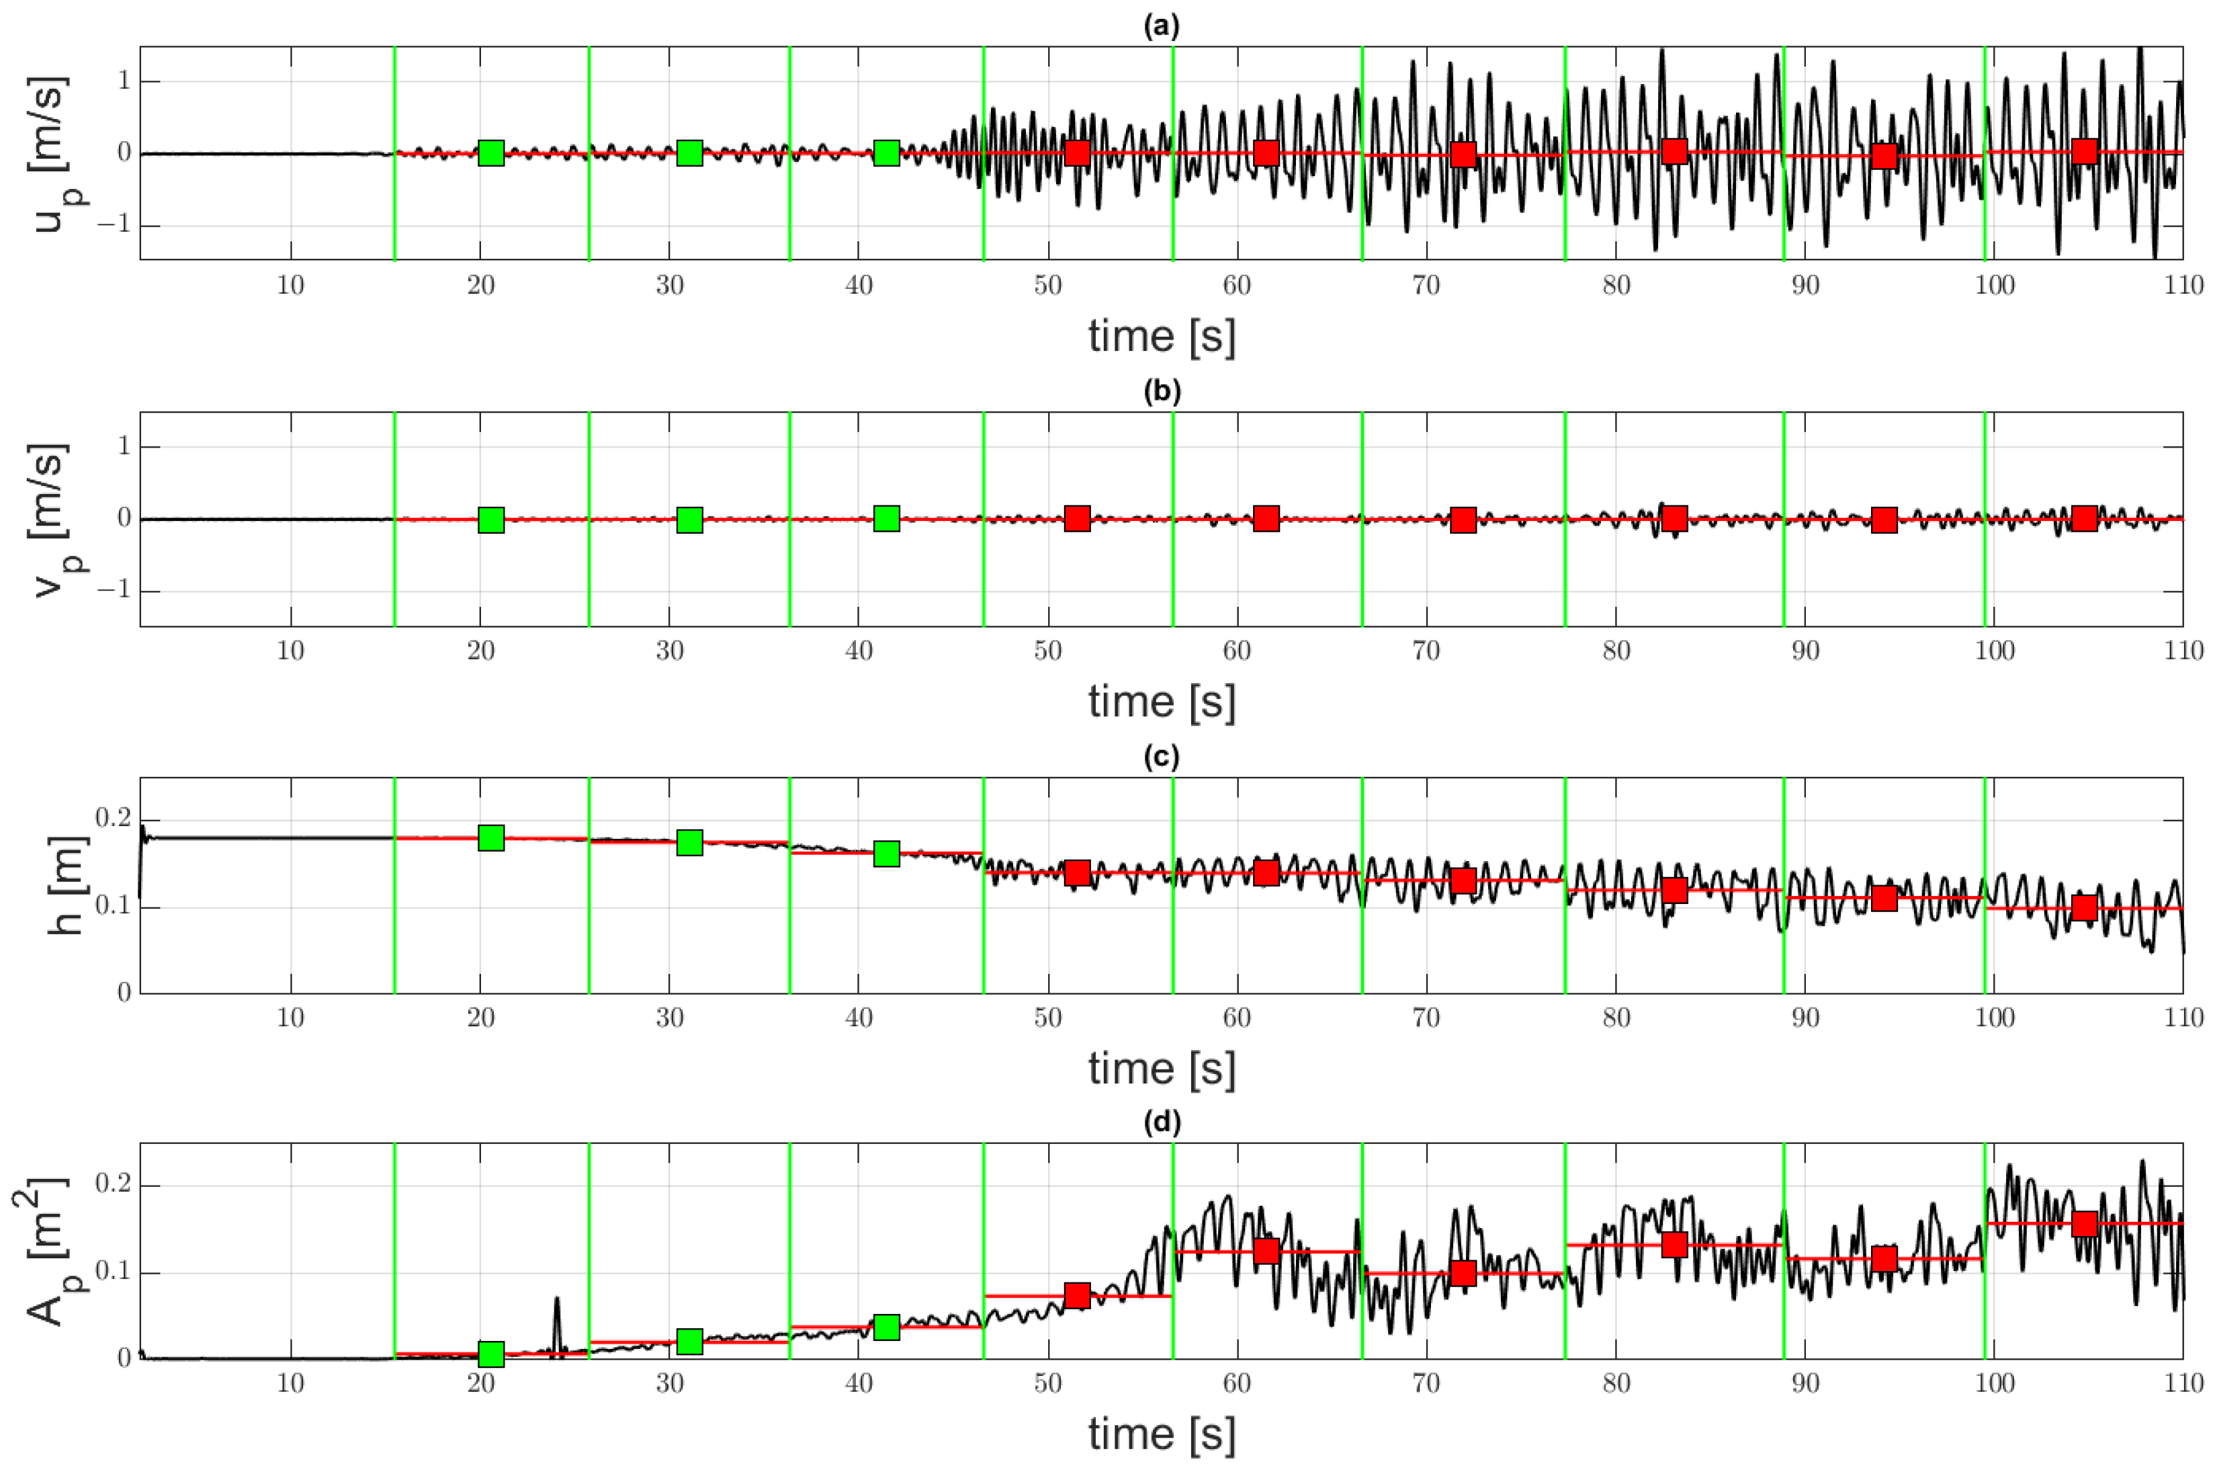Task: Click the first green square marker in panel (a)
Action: point(490,153)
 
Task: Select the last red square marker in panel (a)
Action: point(2084,151)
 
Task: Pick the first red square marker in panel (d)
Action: point(1077,1295)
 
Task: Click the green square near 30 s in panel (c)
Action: point(690,842)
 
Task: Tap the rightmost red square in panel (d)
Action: point(2084,1224)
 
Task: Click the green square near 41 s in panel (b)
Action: point(886,518)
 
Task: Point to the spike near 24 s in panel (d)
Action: point(556,1301)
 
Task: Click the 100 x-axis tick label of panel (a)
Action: point(1993,285)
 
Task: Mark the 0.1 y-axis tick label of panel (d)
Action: point(113,1273)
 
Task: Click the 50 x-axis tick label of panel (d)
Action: point(1048,1383)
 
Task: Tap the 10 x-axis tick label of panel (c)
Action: point(290,1017)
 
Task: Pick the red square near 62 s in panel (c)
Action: point(1266,872)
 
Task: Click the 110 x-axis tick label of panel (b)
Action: point(2183,651)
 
